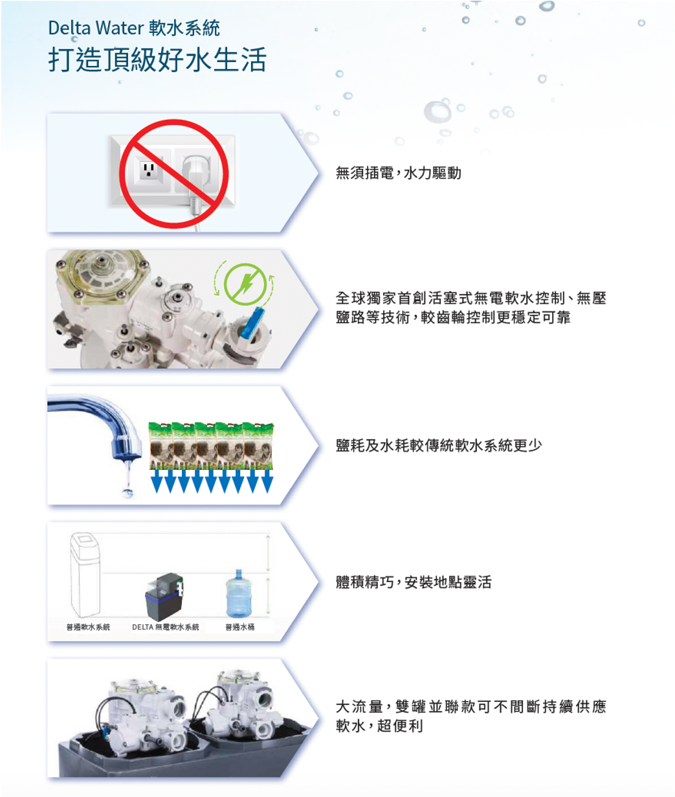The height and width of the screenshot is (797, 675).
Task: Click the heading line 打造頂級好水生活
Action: (157, 60)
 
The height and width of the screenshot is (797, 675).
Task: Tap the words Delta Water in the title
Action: (96, 28)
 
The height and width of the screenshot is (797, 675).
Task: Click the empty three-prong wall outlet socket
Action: (148, 170)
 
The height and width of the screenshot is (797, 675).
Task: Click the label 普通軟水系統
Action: (88, 627)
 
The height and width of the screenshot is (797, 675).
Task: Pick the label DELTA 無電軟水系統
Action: (166, 627)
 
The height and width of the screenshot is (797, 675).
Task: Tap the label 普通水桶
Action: (240, 627)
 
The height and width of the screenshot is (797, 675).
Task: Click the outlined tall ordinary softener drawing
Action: (85, 574)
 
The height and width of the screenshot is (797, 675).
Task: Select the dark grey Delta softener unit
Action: (164, 596)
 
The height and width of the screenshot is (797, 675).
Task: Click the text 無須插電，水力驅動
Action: (398, 173)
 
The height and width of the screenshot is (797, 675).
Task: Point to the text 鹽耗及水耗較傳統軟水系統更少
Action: (439, 445)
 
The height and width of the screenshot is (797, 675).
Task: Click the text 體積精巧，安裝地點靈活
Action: (414, 582)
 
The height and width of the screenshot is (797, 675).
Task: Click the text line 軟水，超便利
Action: (379, 726)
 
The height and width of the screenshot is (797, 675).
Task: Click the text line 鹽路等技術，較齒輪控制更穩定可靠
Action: (453, 318)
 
